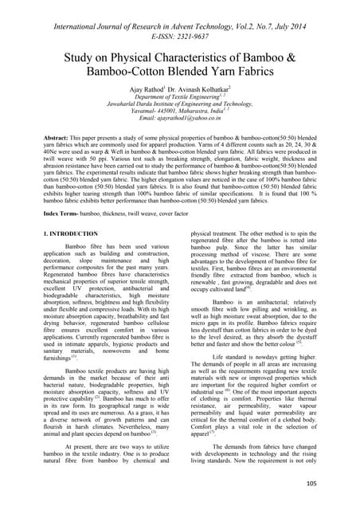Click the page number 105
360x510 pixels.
(333, 483)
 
